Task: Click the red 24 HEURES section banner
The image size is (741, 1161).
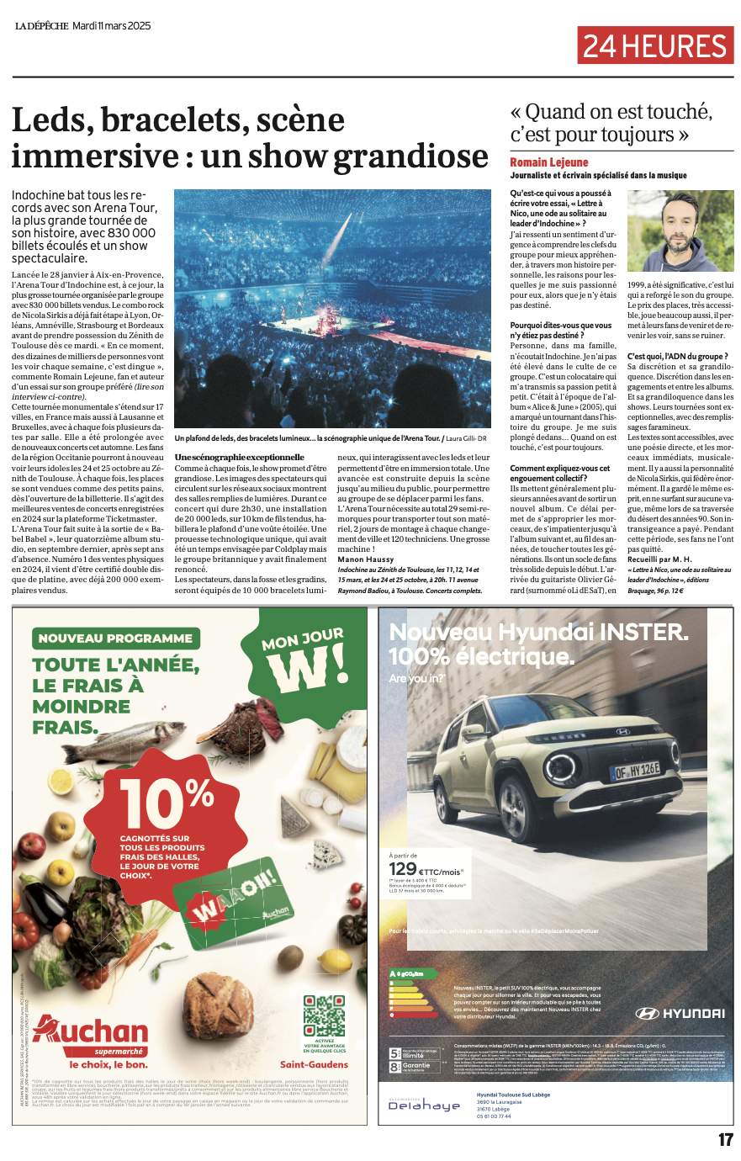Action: [x=655, y=45]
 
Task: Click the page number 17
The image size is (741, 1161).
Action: [x=725, y=1140]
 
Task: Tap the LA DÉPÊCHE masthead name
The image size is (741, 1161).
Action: [x=41, y=26]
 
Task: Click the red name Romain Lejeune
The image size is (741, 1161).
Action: [x=549, y=162]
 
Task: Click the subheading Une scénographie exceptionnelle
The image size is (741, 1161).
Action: [x=239, y=457]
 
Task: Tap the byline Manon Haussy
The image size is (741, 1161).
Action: [x=366, y=559]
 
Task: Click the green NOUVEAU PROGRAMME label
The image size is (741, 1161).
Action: [x=115, y=639]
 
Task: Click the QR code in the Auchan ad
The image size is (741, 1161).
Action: [x=324, y=1015]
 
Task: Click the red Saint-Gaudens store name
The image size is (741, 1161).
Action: [x=314, y=1064]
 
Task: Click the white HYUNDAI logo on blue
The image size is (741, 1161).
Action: [x=680, y=1013]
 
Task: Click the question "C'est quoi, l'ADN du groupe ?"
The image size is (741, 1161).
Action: [x=677, y=356]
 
